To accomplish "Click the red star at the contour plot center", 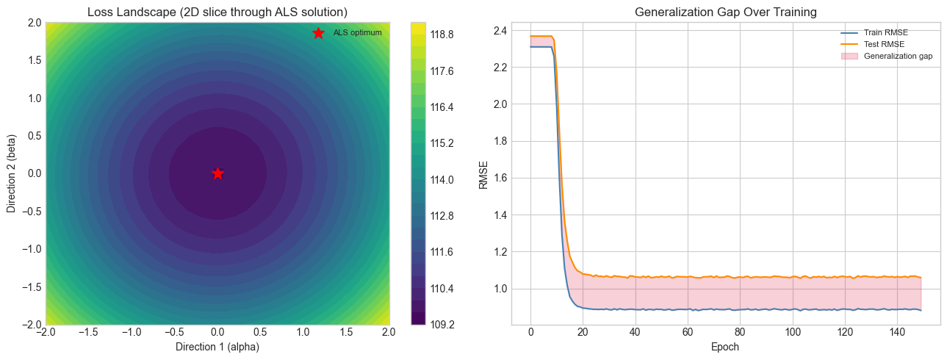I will pos(217,173).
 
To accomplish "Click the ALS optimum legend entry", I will pos(357,33).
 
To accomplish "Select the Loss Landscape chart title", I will pos(217,12).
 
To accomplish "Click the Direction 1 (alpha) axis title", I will pos(217,347).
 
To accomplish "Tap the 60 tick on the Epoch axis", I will pos(688,332).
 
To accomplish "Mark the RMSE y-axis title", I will pos(483,173).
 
